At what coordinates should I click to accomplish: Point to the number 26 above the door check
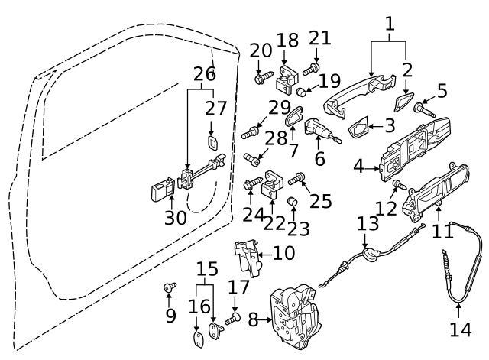[x=204, y=74]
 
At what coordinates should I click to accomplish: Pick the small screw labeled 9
[x=170, y=288]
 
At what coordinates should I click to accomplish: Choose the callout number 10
[x=283, y=252]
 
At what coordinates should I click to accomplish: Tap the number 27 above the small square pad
[x=215, y=109]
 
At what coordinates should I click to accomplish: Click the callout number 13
[x=368, y=225]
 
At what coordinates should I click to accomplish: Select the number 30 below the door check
[x=176, y=218]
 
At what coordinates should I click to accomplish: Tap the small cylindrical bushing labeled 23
[x=291, y=202]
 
